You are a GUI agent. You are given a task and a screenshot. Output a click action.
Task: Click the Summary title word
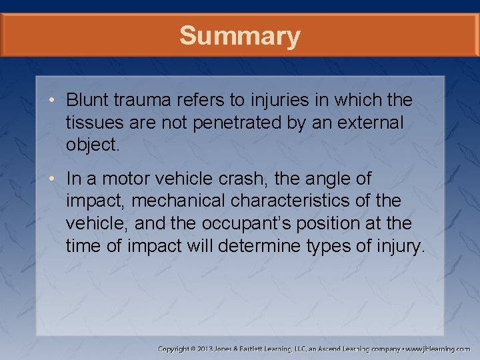pos(239,35)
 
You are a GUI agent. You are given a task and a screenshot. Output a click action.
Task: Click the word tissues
pos(90,123)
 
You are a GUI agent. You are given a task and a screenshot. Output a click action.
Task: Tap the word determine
pos(256,247)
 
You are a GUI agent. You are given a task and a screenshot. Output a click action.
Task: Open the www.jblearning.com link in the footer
pos(437,349)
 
